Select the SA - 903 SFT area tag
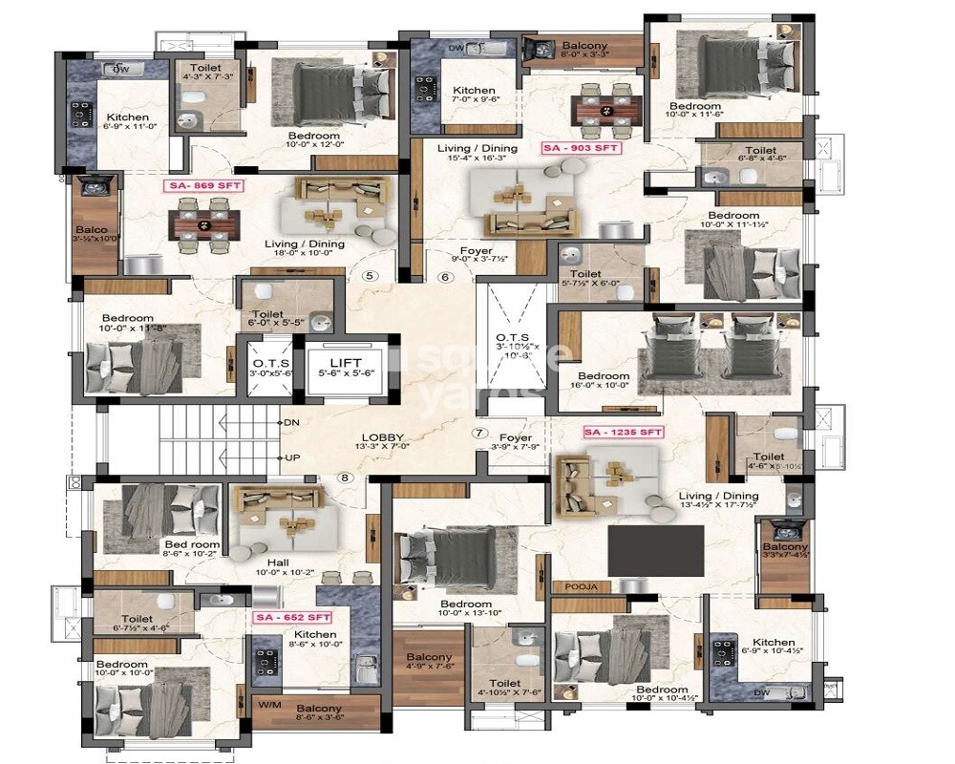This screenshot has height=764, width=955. click(582, 148)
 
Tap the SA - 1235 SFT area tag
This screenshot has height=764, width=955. click(623, 433)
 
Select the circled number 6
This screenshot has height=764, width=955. click(443, 278)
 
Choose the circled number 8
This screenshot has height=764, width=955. click(345, 477)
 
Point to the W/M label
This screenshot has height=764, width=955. click(271, 705)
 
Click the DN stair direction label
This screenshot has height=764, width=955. click(292, 422)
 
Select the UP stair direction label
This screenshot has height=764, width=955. click(292, 458)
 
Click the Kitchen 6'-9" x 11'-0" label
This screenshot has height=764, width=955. click(127, 124)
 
